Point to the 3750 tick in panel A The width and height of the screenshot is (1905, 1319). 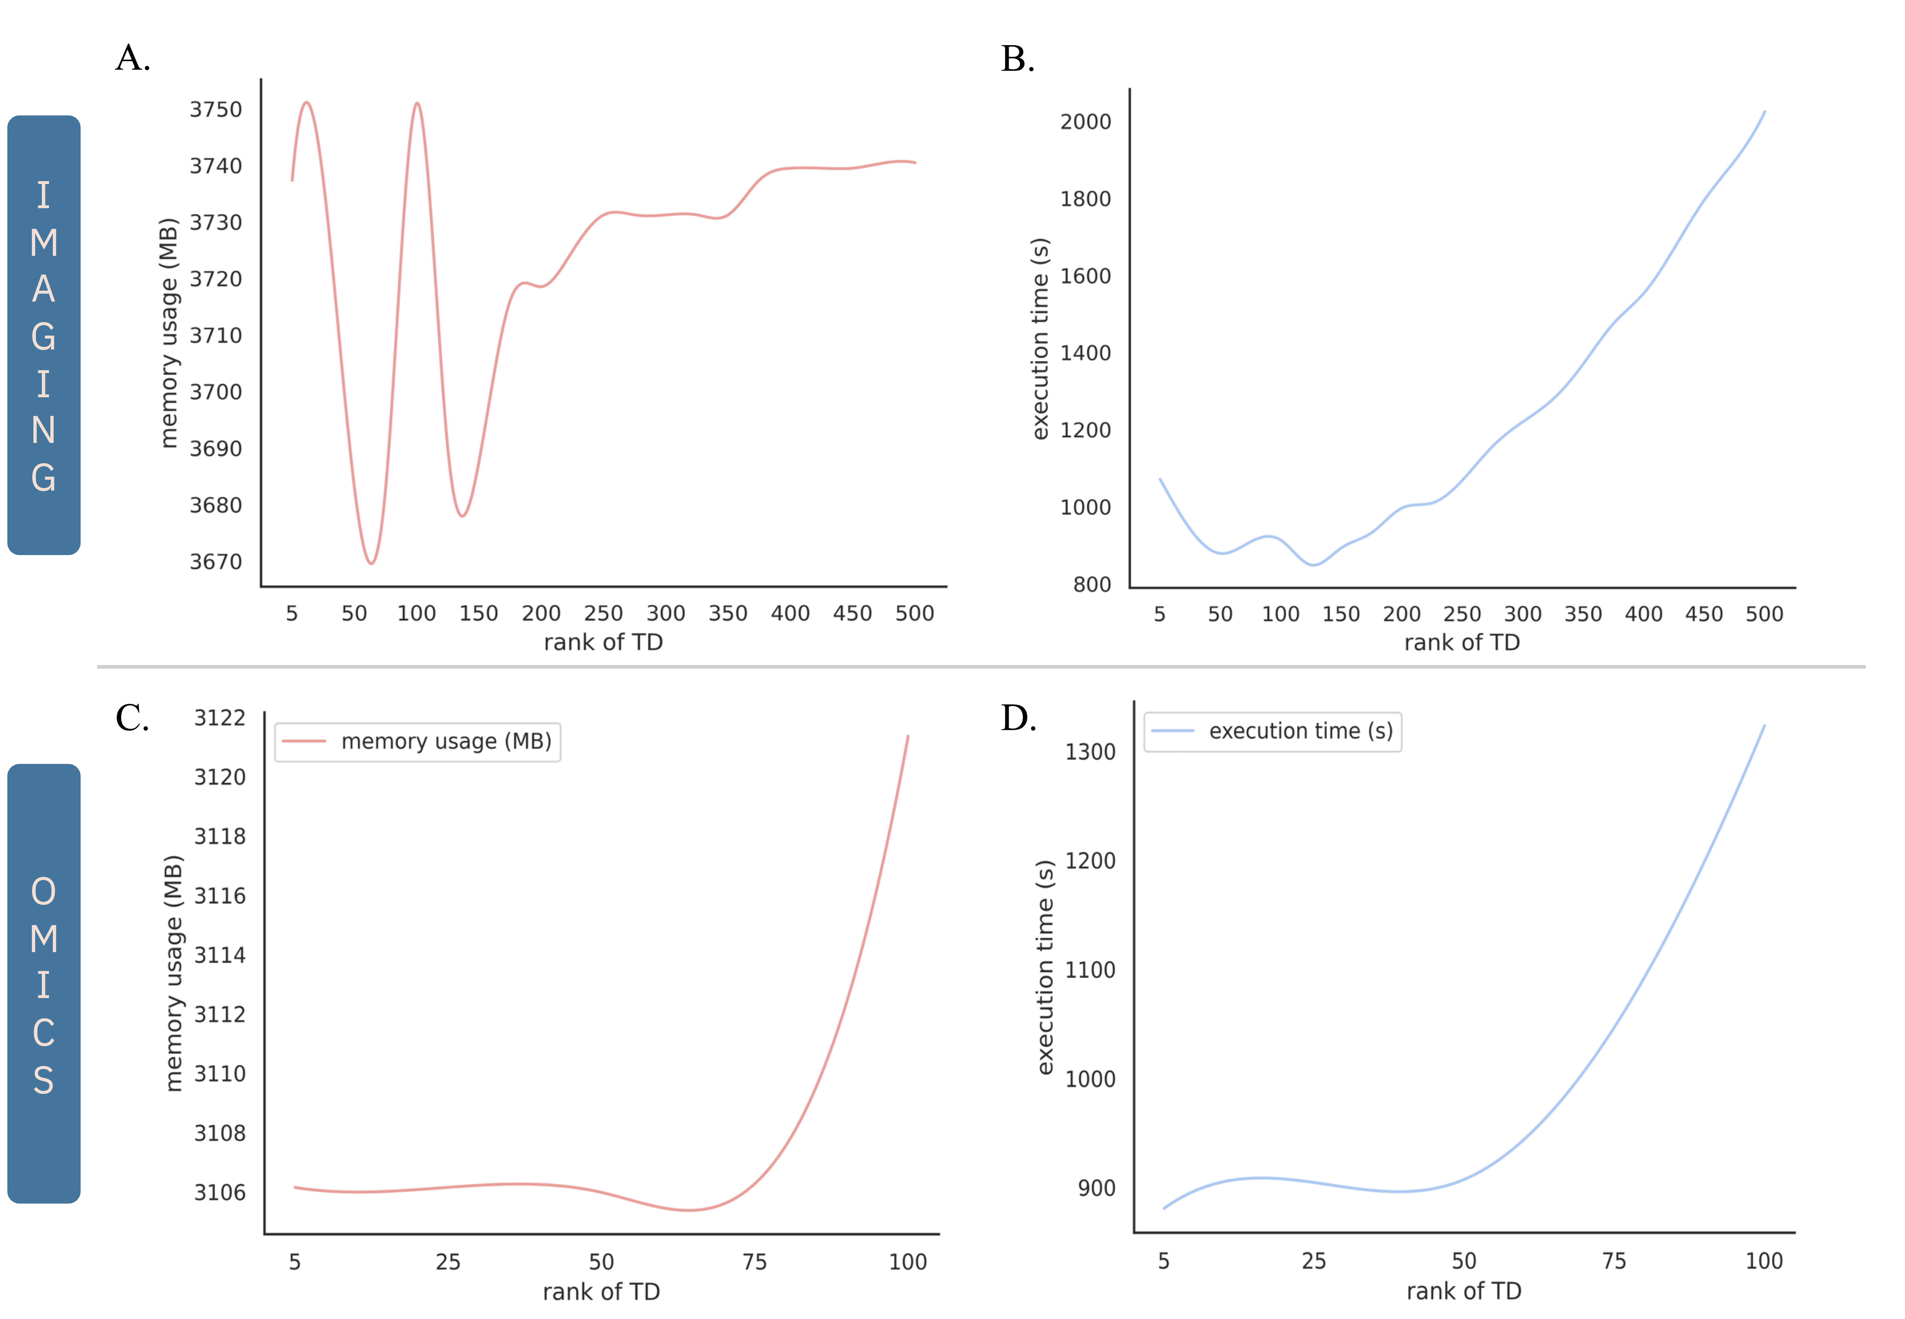pyautogui.click(x=216, y=110)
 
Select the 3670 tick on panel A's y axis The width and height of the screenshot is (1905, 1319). pyautogui.click(x=216, y=562)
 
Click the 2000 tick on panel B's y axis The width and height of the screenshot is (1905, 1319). pyautogui.click(x=1085, y=122)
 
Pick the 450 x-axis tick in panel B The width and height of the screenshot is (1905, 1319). pyautogui.click(x=1703, y=614)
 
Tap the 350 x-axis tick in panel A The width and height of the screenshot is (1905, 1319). pyautogui.click(x=727, y=613)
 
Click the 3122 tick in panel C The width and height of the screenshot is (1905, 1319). pyautogui.click(x=220, y=717)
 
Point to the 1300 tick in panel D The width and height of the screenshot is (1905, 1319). pyautogui.click(x=1090, y=752)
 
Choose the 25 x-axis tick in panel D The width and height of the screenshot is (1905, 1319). pyautogui.click(x=1313, y=1261)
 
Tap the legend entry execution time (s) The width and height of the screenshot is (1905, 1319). pyautogui.click(x=1300, y=731)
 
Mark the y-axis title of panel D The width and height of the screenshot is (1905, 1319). pyautogui.click(x=1045, y=967)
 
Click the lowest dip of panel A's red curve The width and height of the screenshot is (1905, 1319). pyautogui.click(x=371, y=563)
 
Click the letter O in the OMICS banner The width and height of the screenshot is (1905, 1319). pyautogui.click(x=44, y=892)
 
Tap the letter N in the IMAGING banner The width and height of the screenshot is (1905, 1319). pyautogui.click(x=44, y=431)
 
